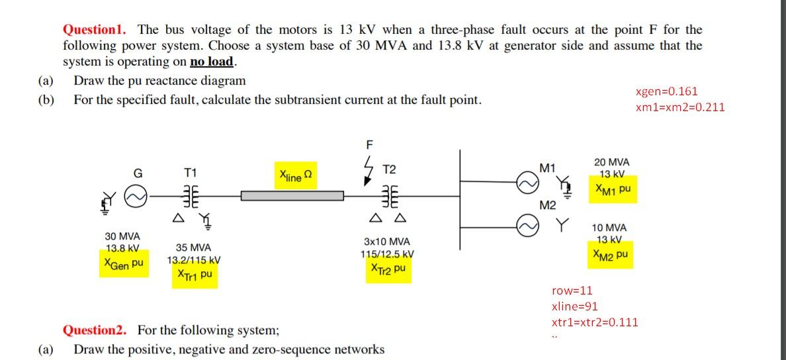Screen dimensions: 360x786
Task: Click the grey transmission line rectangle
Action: click(x=292, y=196)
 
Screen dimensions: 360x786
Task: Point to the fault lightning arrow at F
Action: click(x=370, y=168)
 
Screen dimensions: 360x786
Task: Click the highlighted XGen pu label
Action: click(x=124, y=263)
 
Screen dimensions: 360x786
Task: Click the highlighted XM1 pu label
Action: click(x=613, y=189)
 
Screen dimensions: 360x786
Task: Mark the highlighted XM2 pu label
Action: click(x=611, y=254)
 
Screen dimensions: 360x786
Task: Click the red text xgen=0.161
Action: click(x=666, y=92)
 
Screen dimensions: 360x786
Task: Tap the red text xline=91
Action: click(x=574, y=306)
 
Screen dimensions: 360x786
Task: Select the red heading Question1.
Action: click(x=97, y=30)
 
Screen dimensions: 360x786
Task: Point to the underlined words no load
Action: click(x=212, y=62)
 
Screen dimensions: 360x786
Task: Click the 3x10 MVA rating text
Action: click(x=387, y=242)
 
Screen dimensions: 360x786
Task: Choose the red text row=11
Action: click(x=572, y=291)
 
